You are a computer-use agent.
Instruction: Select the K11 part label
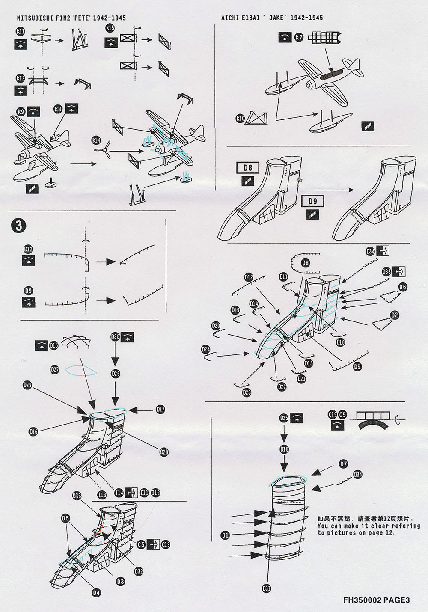pyautogui.click(x=20, y=31)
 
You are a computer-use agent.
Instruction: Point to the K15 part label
pyautogui.click(x=110, y=28)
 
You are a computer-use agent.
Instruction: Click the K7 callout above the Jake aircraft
pyautogui.click(x=299, y=38)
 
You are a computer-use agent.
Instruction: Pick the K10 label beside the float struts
pyautogui.click(x=240, y=118)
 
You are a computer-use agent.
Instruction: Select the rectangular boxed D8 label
pyautogui.click(x=248, y=168)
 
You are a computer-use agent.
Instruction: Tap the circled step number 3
pyautogui.click(x=18, y=226)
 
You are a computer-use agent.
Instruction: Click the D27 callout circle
pyautogui.click(x=55, y=369)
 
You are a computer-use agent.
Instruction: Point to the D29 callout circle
pyautogui.click(x=27, y=386)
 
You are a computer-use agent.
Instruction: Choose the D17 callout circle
pyautogui.click(x=160, y=410)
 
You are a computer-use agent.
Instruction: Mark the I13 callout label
pyautogui.click(x=102, y=495)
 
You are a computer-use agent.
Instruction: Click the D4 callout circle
pyautogui.click(x=96, y=593)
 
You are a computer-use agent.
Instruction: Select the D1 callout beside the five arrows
pyautogui.click(x=225, y=535)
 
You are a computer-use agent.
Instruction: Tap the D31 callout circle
pyautogui.click(x=266, y=588)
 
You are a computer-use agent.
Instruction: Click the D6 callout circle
pyautogui.click(x=402, y=287)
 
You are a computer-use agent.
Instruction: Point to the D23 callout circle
pyautogui.click(x=247, y=392)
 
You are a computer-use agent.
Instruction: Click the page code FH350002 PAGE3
pyautogui.click(x=376, y=600)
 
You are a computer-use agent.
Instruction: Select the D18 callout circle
pyautogui.click(x=284, y=449)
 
